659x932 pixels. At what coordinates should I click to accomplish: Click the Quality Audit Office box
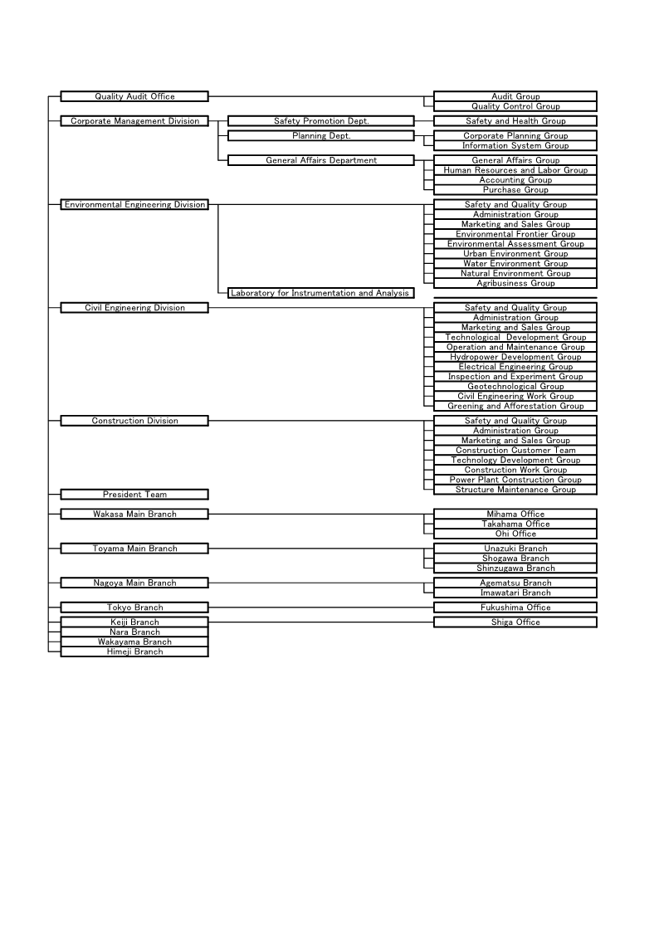(134, 97)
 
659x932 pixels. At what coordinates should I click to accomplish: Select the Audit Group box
(515, 97)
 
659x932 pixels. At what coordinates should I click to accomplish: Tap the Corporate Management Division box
(134, 121)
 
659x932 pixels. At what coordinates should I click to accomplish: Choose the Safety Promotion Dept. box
(320, 121)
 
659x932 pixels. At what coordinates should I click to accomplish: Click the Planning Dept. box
(320, 136)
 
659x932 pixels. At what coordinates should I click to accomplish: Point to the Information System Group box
(515, 146)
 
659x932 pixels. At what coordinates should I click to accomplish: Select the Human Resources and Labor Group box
(515, 170)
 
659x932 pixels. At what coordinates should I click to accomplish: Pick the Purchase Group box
(515, 190)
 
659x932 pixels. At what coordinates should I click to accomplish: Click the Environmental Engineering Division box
(134, 205)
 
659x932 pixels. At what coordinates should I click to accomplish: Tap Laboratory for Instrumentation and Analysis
(320, 293)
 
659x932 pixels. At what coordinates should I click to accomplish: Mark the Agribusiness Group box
(515, 284)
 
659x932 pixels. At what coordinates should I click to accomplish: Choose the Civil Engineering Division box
(134, 308)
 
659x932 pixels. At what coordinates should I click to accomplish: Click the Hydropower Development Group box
(515, 357)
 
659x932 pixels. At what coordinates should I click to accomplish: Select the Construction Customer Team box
(515, 451)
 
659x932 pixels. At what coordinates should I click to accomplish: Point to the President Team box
(134, 495)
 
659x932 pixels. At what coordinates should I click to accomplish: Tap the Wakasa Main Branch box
(134, 515)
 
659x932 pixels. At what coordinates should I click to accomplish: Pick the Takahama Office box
(515, 525)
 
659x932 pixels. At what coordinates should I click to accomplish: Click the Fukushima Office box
(515, 608)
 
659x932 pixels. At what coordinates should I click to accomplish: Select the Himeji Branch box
(134, 652)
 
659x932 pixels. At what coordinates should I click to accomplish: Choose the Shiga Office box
(515, 622)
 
